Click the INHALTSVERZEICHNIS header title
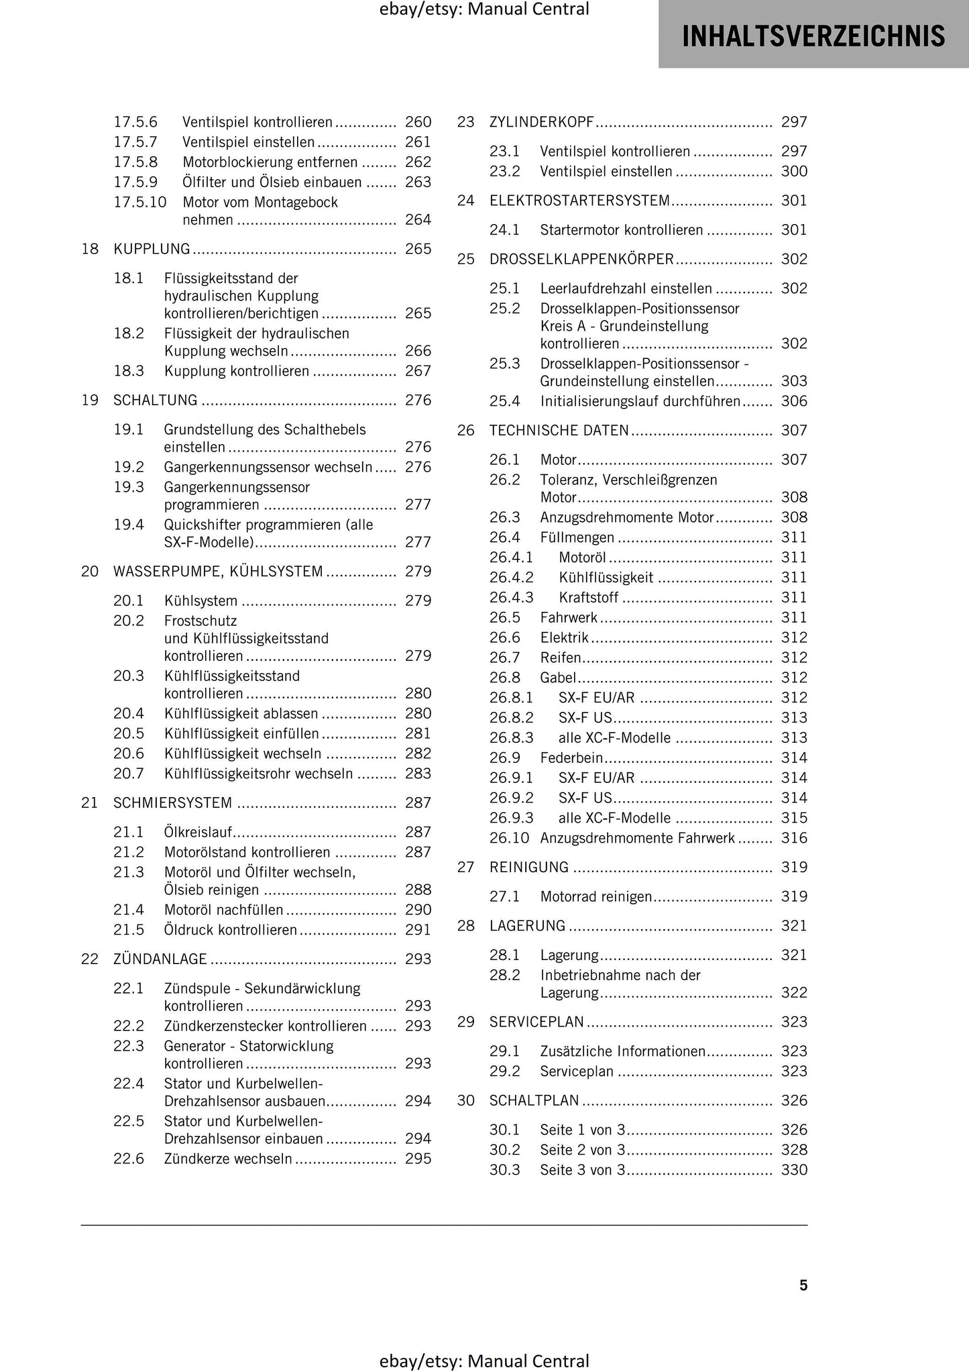pos(813,36)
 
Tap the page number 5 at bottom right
pos(803,1285)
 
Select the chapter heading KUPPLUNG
pos(152,249)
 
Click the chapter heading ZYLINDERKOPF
pos(542,122)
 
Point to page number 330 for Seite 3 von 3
pos(794,1170)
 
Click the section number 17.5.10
pos(139,202)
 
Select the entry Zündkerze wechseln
pos(228,1159)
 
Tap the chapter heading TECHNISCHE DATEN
pos(559,430)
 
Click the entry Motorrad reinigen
pos(595,896)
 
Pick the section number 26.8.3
pos(511,738)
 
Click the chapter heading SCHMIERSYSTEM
pos(173,803)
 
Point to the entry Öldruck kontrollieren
pos(230,930)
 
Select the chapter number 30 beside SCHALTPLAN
pos(465,1100)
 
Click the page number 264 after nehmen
pos(418,220)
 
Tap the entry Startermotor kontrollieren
pos(622,230)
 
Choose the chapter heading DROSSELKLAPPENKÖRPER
pos(581,259)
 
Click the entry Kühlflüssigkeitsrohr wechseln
pos(258,774)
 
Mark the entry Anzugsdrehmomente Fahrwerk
pos(637,838)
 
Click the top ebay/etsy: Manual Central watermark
pos(483,9)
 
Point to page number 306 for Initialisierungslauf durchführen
pos(794,401)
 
